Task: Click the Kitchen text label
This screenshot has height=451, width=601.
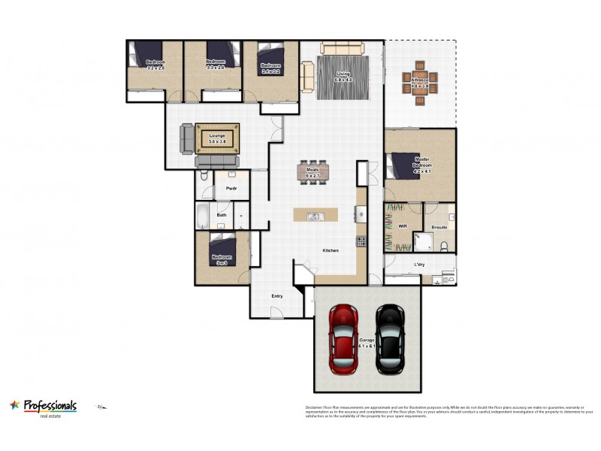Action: [x=331, y=250]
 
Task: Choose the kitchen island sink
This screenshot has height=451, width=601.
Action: [x=315, y=216]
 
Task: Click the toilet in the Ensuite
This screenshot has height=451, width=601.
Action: [x=445, y=244]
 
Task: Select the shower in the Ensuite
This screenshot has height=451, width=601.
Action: [x=422, y=242]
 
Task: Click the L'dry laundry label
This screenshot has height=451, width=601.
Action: [x=419, y=265]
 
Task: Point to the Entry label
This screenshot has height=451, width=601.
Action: [x=277, y=296]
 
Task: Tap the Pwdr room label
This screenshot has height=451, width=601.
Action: [x=231, y=188]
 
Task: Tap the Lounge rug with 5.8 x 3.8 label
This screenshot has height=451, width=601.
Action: [x=217, y=138]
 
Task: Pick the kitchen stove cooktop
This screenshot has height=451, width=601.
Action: [x=361, y=241]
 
